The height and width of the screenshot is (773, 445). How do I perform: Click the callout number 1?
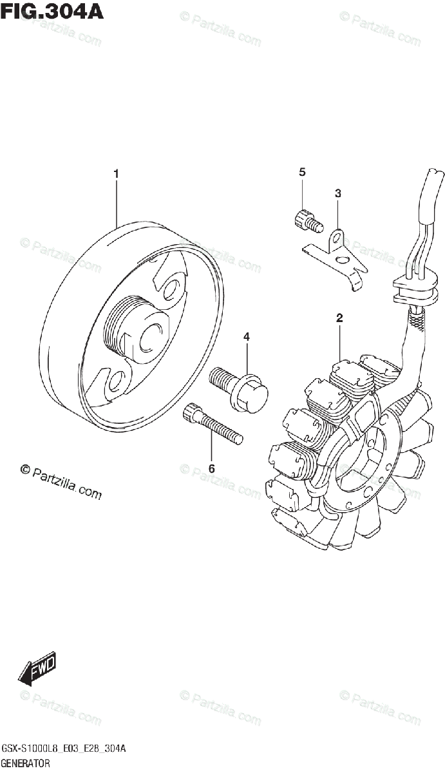[x=116, y=173]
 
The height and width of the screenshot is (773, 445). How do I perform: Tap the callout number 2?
[x=339, y=317]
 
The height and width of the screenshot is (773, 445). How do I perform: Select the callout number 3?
[x=337, y=193]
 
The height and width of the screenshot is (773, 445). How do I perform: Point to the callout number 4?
[x=246, y=337]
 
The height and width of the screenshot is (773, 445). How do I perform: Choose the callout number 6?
[x=211, y=468]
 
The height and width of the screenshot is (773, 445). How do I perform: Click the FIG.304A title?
[x=52, y=12]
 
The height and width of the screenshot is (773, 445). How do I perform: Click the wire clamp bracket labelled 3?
[x=336, y=254]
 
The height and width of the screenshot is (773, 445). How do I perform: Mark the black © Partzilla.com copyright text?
[x=61, y=482]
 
